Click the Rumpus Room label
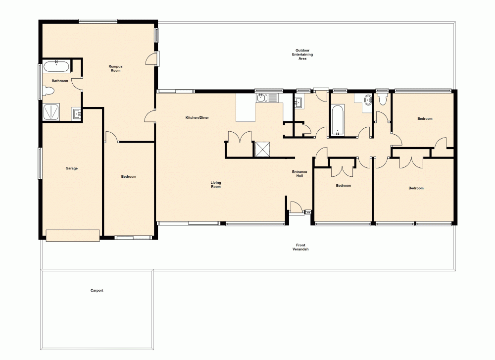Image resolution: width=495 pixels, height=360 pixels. (115, 68)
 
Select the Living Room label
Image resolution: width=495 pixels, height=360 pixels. (216, 185)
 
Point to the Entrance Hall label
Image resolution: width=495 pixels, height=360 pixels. (299, 174)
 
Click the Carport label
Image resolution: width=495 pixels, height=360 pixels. (97, 291)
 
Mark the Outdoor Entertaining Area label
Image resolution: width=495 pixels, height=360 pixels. (302, 54)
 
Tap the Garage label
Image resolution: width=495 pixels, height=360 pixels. (72, 168)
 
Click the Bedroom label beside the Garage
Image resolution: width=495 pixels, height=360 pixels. (129, 176)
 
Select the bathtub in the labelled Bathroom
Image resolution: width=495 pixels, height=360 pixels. (56, 66)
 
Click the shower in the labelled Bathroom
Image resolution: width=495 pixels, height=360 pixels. (52, 112)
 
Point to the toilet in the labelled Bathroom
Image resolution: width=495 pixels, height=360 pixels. (48, 91)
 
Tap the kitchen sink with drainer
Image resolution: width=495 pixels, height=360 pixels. (267, 98)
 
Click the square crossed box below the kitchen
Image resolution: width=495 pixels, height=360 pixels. (262, 149)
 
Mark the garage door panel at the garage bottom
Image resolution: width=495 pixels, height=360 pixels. (73, 235)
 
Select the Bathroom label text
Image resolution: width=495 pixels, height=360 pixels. (59, 81)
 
